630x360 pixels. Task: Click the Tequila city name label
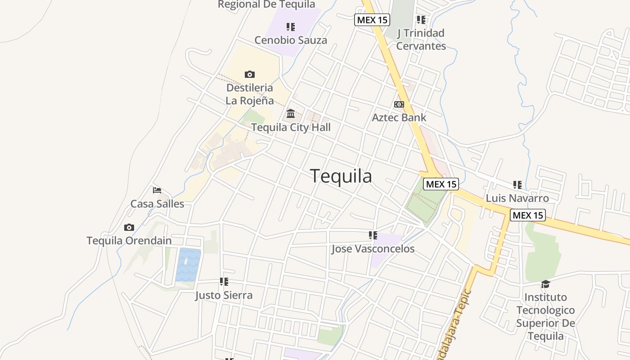click(341, 176)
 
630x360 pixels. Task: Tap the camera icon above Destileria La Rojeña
click(250, 74)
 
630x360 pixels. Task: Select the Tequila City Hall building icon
click(291, 113)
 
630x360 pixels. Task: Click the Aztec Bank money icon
click(399, 104)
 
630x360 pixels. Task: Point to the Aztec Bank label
click(399, 117)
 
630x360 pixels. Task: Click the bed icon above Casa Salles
click(157, 190)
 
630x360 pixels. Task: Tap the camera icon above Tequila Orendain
click(129, 227)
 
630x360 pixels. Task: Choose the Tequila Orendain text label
click(129, 241)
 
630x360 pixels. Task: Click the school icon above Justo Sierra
click(224, 282)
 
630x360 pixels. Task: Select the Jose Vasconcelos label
click(373, 249)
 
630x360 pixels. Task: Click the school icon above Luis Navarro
click(517, 184)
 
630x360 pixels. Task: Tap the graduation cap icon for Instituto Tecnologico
click(545, 284)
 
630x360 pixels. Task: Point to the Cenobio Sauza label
click(291, 40)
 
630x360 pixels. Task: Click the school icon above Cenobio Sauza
click(291, 27)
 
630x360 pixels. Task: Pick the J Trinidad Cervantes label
click(421, 39)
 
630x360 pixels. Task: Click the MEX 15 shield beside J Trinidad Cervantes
click(372, 20)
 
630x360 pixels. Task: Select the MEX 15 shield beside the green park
click(441, 184)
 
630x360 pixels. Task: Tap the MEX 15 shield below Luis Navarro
click(528, 215)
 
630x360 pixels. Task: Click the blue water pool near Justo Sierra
click(189, 265)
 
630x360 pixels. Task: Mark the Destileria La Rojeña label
click(249, 94)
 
